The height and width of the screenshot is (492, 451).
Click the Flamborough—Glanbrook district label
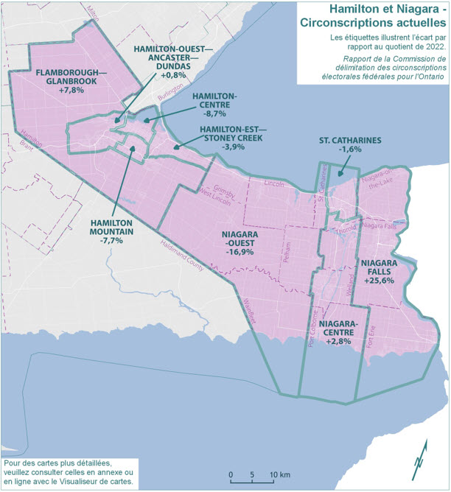[x=71, y=77]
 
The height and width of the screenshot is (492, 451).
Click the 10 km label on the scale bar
[x=279, y=474]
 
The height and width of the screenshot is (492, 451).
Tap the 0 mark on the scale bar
[x=231, y=474]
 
